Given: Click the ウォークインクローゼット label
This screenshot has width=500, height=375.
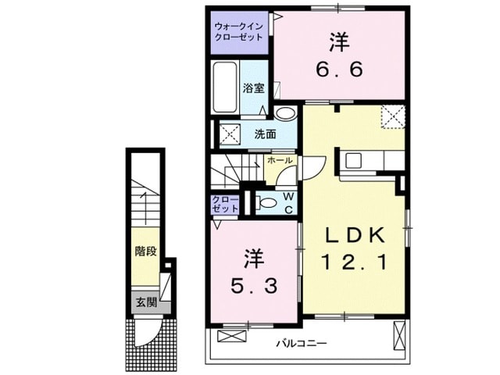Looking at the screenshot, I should [x=238, y=31].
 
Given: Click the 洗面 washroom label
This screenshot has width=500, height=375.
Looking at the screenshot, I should [x=265, y=134].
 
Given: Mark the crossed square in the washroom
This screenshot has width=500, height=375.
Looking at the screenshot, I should [x=230, y=134].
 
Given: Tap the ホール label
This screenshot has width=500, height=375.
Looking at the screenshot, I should [x=279, y=160].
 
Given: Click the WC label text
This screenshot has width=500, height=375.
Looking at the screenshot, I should [x=288, y=202].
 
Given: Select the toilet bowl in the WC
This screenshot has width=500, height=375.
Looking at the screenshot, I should [x=266, y=203].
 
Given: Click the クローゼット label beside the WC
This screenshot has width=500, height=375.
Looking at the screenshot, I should [x=225, y=205].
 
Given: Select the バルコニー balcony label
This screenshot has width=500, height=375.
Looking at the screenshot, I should [x=301, y=343].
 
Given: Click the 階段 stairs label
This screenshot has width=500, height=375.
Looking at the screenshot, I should [x=145, y=252].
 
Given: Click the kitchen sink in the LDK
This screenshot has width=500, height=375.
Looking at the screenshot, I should [x=353, y=160].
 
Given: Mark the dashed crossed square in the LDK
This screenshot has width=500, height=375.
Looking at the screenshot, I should [x=391, y=117].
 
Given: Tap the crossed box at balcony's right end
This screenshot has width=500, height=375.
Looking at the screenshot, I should [x=399, y=336].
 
